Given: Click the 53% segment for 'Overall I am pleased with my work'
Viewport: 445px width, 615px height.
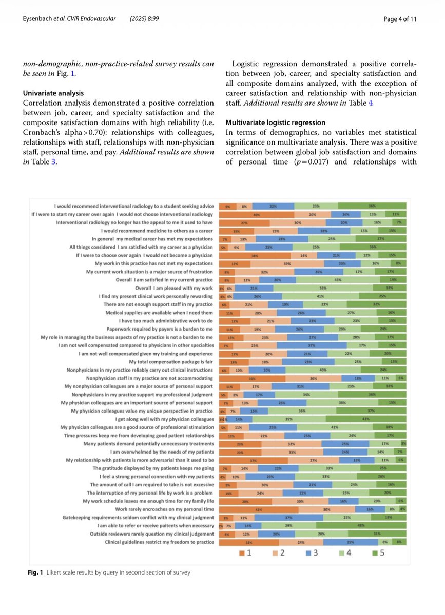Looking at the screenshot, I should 323,288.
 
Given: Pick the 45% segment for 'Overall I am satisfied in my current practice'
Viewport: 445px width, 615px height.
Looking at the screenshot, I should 338,280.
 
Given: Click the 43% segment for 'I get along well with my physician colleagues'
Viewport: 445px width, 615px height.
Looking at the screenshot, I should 366,419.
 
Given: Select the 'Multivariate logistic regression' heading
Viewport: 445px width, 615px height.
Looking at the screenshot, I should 276,122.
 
